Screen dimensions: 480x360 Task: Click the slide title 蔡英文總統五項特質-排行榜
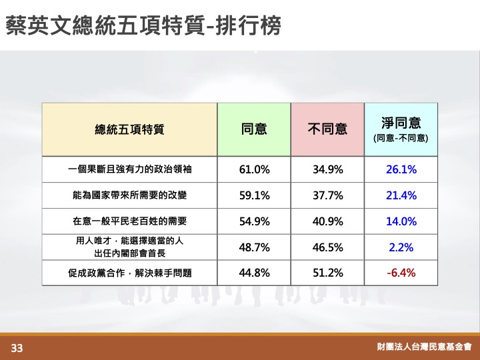[143, 26]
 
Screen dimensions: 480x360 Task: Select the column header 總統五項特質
[129, 129]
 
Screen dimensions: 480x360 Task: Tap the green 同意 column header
[254, 129]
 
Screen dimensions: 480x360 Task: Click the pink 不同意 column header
[327, 129]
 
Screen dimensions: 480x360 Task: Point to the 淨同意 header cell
[401, 129]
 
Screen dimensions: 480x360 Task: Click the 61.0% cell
[255, 169]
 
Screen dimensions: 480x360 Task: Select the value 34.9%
[327, 169]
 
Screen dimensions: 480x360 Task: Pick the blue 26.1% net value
[401, 169]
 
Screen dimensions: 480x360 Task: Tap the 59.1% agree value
[255, 195]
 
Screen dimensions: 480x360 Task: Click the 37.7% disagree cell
[327, 195]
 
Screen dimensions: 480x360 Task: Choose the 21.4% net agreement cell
[401, 195]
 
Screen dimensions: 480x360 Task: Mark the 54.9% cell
[255, 221]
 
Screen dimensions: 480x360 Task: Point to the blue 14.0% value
[401, 221]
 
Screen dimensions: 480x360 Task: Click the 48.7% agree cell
[255, 247]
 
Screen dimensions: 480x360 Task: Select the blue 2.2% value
[401, 247]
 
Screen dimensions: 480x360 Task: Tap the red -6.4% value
[401, 273]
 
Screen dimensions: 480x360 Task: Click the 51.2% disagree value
[327, 273]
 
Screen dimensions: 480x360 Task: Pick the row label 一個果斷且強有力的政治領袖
[130, 169]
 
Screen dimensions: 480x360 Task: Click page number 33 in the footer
[17, 348]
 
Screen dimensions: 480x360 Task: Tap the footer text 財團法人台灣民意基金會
[424, 347]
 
